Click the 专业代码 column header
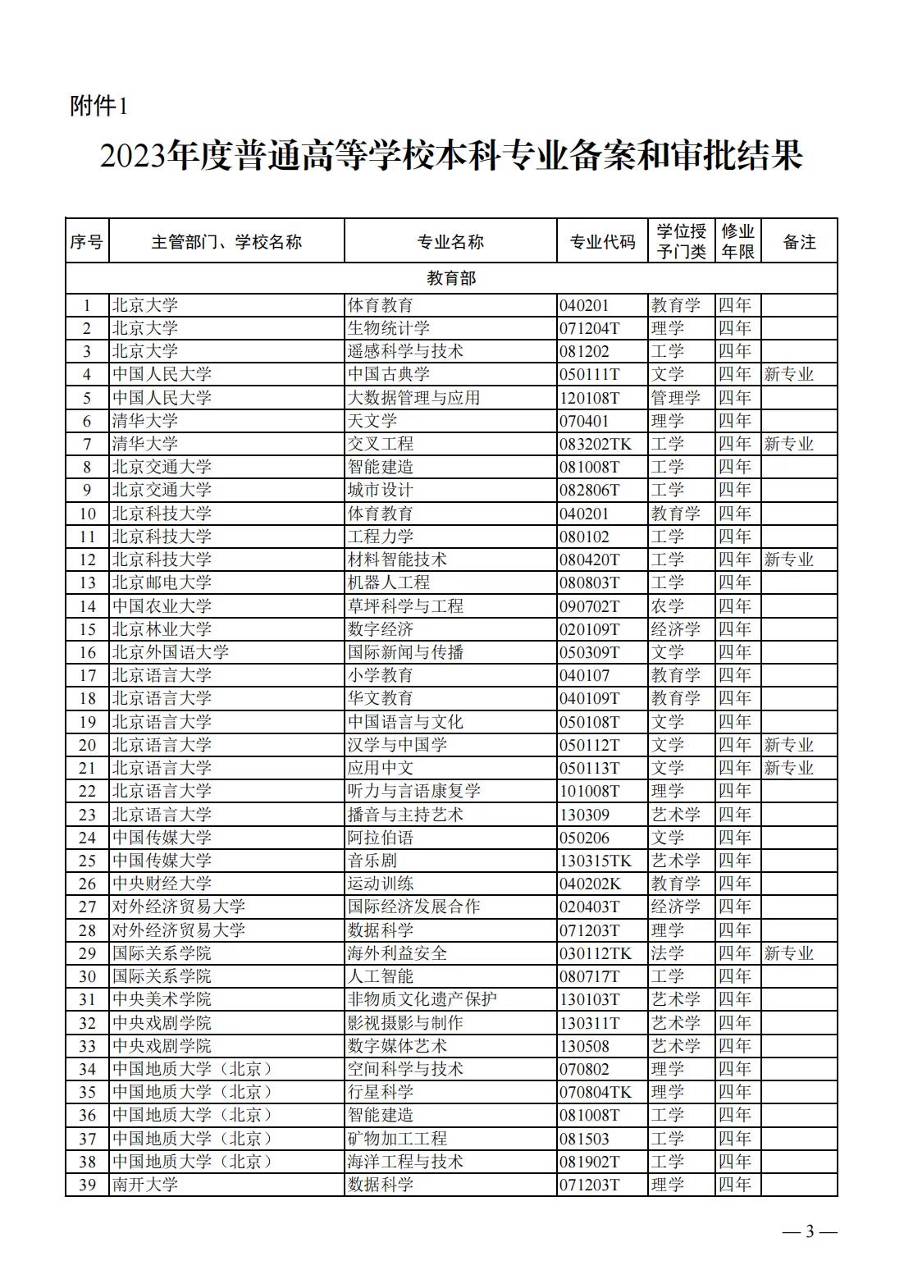602,242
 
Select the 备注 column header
799,242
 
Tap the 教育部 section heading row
451,278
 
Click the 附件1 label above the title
99,107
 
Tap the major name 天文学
372,421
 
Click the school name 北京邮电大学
162,582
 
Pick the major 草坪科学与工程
405,606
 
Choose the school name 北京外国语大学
170,652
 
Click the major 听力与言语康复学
413,791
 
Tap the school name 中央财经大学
162,884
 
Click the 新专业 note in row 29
788,953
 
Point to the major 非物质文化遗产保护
422,999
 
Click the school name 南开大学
145,1185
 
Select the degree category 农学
668,606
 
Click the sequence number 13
87,582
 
